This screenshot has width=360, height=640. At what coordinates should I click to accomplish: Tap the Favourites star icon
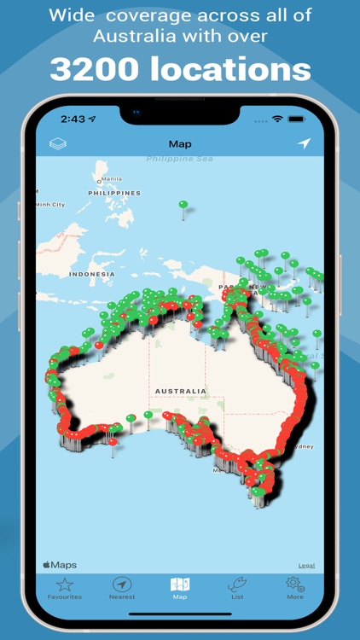65,585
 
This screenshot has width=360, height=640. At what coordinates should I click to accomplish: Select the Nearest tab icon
122,585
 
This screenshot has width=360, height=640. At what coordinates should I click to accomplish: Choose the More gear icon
295,585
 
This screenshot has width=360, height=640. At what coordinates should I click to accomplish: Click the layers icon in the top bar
58,144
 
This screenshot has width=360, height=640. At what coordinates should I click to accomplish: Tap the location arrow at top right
304,143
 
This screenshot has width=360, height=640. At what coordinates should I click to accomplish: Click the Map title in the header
180,144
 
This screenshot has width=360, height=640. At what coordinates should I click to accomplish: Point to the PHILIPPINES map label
113,193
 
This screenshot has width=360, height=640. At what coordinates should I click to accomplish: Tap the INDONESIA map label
91,274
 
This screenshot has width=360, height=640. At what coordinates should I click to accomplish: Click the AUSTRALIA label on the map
180,391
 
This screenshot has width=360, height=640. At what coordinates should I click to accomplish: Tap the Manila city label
112,178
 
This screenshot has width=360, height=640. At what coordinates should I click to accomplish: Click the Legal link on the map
306,565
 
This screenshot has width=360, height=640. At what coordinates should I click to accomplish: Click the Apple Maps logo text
60,565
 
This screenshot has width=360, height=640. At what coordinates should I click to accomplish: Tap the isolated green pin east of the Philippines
183,205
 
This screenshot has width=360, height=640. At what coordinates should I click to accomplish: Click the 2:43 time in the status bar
73,119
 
